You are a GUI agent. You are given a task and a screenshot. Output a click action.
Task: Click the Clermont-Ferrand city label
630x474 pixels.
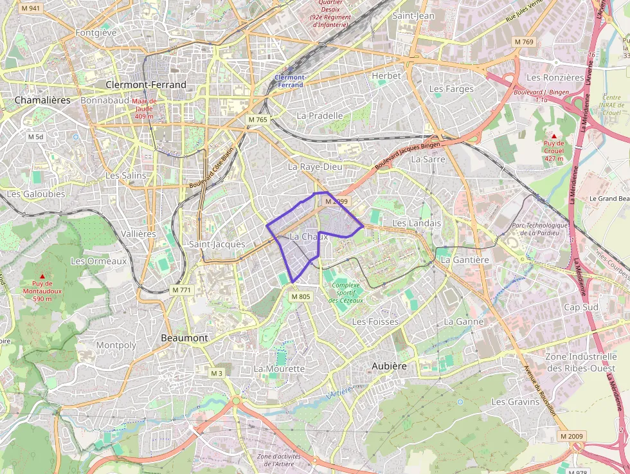coord(146,85)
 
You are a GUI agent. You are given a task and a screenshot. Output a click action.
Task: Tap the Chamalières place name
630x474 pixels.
coord(42,100)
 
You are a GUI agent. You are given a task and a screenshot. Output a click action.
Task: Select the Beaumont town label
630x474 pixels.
coord(184,338)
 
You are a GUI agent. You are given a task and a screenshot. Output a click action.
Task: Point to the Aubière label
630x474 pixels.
coord(389,365)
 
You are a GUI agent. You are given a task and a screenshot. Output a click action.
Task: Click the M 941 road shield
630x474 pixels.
coord(30,8)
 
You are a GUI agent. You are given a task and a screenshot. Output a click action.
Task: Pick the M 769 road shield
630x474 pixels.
coord(524,41)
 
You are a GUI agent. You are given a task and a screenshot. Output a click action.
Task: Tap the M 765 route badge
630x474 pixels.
coord(257,120)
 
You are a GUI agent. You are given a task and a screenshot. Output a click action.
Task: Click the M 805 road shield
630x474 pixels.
coord(300,296)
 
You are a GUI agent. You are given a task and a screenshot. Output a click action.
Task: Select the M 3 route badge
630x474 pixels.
coord(217,373)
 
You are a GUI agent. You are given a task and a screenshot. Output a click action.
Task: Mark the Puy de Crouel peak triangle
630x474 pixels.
coord(553,136)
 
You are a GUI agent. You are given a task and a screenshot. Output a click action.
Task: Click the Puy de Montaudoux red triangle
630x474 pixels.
coord(42,277)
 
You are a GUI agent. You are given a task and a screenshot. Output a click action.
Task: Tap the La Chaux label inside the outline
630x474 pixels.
coord(309,237)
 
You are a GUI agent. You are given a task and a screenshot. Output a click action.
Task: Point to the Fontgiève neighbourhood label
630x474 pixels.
coord(96,32)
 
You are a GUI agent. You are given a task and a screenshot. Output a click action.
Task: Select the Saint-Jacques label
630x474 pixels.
coord(217,244)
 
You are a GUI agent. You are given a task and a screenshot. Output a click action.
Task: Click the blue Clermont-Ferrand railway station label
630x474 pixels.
coord(289,81)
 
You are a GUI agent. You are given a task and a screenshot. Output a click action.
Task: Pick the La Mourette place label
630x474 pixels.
coord(279,369)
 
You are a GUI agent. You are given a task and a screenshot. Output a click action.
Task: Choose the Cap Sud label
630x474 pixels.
coord(580,307)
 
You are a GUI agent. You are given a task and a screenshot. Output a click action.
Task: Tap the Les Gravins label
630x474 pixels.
coord(515,401)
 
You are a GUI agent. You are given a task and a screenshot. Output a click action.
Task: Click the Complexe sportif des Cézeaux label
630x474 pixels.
coord(346,293)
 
